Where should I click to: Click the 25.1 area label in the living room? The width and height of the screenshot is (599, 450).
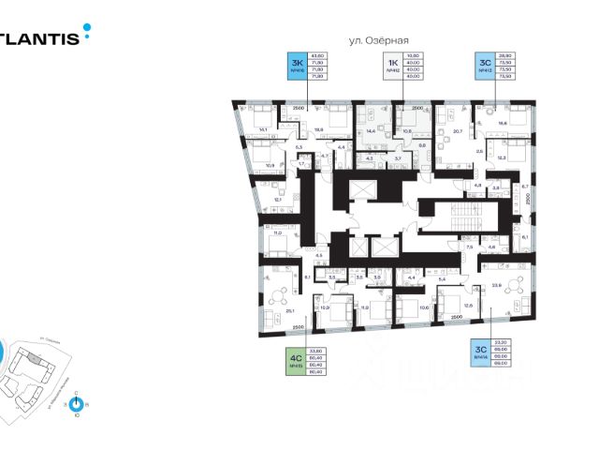(290, 310)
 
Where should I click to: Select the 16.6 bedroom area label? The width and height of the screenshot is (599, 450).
(503, 122)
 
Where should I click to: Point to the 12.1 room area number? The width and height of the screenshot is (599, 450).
(278, 200)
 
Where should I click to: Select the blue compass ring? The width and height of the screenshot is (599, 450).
(77, 403)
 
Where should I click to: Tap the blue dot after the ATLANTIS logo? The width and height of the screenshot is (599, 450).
(87, 29)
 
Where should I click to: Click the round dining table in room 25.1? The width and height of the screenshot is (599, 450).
(276, 294)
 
